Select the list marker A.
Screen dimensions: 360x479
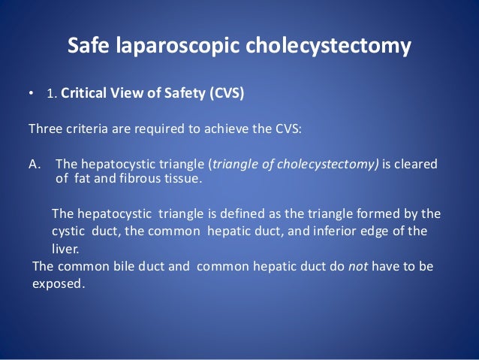pos(34,165)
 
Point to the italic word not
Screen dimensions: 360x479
pos(355,266)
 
